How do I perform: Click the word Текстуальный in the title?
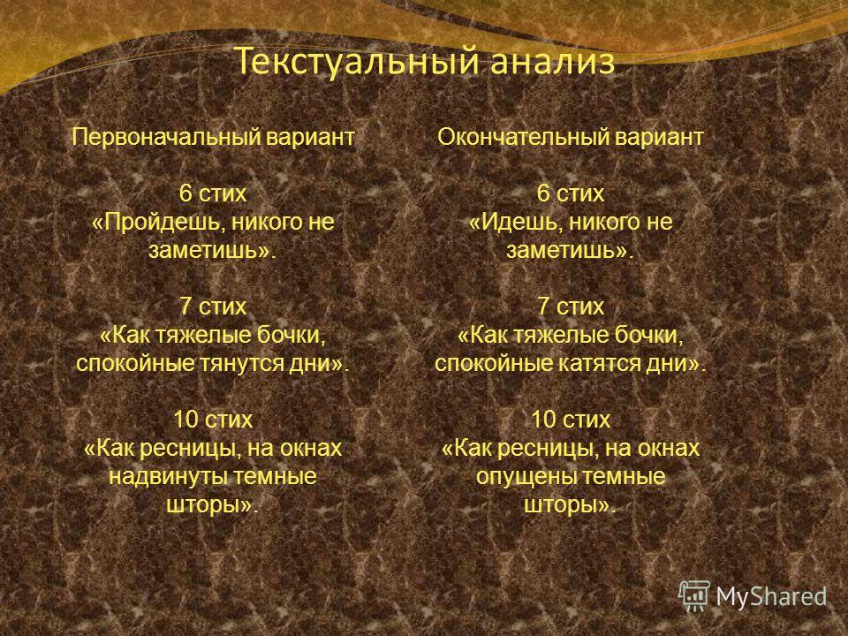click(357, 62)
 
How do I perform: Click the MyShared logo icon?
click(694, 595)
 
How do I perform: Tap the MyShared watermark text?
click(771, 596)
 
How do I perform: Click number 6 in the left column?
click(185, 193)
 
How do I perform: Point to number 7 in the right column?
click(543, 307)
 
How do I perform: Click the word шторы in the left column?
click(203, 505)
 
